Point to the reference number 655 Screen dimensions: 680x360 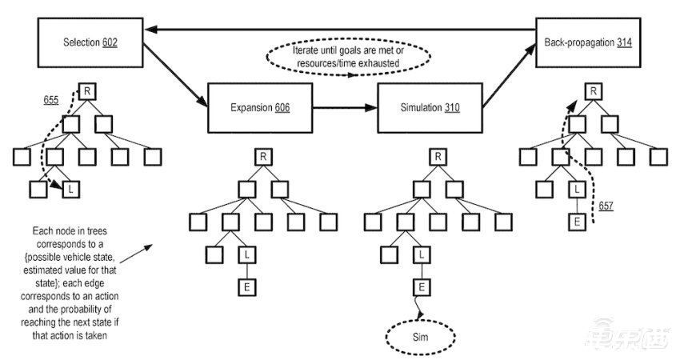pyautogui.click(x=50, y=100)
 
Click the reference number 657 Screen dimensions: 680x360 pyautogui.click(x=606, y=206)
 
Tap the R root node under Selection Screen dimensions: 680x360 pyautogui.click(x=87, y=91)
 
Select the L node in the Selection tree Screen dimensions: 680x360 pyautogui.click(x=71, y=189)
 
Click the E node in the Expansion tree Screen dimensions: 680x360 pyautogui.click(x=247, y=287)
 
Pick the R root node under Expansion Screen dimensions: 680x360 pyautogui.click(x=263, y=157)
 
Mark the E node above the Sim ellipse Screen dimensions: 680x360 pyautogui.click(x=422, y=287)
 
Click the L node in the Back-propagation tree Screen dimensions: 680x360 pyautogui.click(x=577, y=189)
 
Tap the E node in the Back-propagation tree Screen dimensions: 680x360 pyautogui.click(x=577, y=222)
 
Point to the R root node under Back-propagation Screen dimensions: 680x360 pyautogui.click(x=594, y=91)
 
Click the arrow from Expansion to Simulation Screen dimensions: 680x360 pyautogui.click(x=345, y=107)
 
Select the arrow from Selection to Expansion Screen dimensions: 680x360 pyautogui.click(x=175, y=75)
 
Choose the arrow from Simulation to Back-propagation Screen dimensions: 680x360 pyautogui.click(x=509, y=75)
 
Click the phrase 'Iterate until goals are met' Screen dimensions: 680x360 pyautogui.click(x=348, y=50)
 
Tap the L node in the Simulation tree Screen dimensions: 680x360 pyautogui.click(x=422, y=254)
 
